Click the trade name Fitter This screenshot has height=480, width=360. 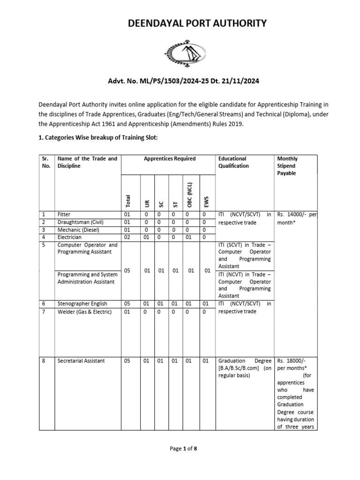[64, 214]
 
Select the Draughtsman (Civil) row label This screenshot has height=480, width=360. [80, 222]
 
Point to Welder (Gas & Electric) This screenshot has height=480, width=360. [84, 312]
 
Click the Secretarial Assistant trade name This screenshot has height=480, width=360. [81, 360]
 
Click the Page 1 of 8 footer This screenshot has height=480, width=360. [183, 449]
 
